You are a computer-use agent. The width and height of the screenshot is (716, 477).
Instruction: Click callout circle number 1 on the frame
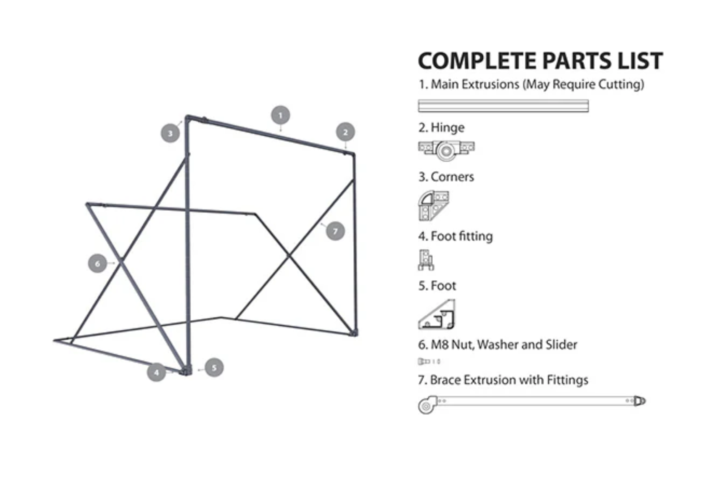click(x=280, y=115)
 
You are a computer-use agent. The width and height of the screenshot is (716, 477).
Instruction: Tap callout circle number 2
click(x=345, y=132)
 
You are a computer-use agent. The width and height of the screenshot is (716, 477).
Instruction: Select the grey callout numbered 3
click(x=170, y=133)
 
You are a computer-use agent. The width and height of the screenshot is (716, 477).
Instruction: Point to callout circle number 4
click(x=156, y=372)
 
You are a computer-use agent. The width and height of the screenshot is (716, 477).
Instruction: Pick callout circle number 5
click(x=214, y=368)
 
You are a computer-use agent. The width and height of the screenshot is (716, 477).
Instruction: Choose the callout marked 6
click(x=97, y=263)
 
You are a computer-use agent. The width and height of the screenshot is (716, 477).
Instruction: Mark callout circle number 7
click(x=335, y=231)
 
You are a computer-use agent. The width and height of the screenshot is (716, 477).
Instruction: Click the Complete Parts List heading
click(x=541, y=61)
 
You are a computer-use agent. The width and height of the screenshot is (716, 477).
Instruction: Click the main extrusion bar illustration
click(x=503, y=106)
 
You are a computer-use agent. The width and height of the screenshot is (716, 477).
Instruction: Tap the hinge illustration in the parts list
click(x=446, y=150)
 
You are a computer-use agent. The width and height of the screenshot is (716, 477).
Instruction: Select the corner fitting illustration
click(x=433, y=206)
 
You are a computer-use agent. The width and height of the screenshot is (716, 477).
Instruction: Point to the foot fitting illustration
click(x=426, y=260)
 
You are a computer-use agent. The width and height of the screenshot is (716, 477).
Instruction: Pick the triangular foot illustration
click(x=436, y=314)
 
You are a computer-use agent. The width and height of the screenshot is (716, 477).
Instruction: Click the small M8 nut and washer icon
click(x=429, y=361)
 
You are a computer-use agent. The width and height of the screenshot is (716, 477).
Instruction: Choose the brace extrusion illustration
click(x=531, y=404)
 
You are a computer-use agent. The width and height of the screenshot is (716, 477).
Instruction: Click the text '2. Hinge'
click(x=441, y=128)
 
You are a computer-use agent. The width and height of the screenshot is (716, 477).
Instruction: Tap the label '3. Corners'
click(x=446, y=177)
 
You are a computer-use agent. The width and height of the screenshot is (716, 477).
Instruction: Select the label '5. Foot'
click(x=437, y=286)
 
